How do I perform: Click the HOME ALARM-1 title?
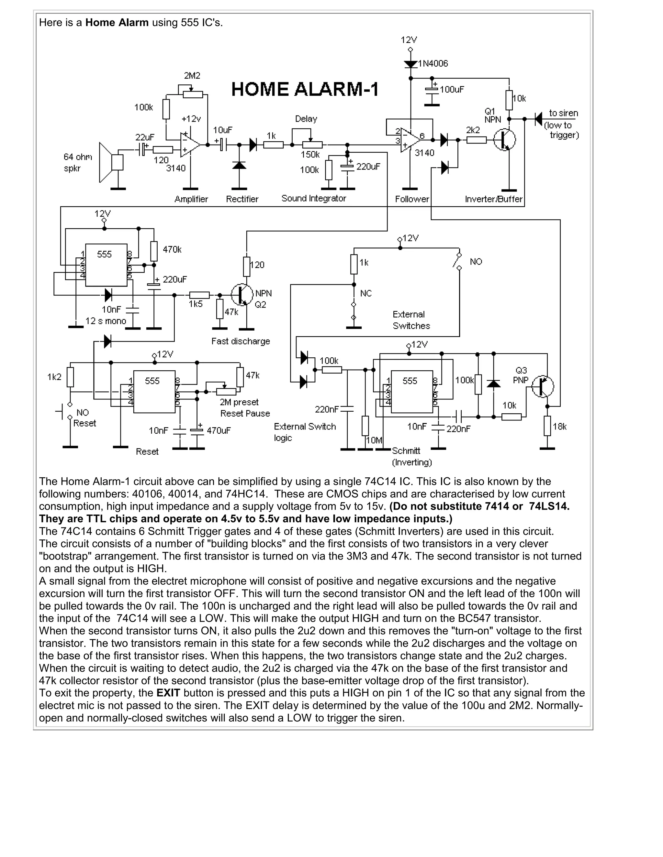(305, 90)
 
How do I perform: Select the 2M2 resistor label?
(192, 76)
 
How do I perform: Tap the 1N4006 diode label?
(433, 64)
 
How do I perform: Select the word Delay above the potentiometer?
(306, 119)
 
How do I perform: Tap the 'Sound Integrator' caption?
(313, 198)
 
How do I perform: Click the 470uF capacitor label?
(219, 430)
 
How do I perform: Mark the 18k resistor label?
(560, 427)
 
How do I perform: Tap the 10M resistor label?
(374, 440)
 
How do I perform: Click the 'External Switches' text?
(411, 320)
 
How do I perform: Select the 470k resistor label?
(172, 250)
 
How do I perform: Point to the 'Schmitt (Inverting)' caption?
(411, 456)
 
